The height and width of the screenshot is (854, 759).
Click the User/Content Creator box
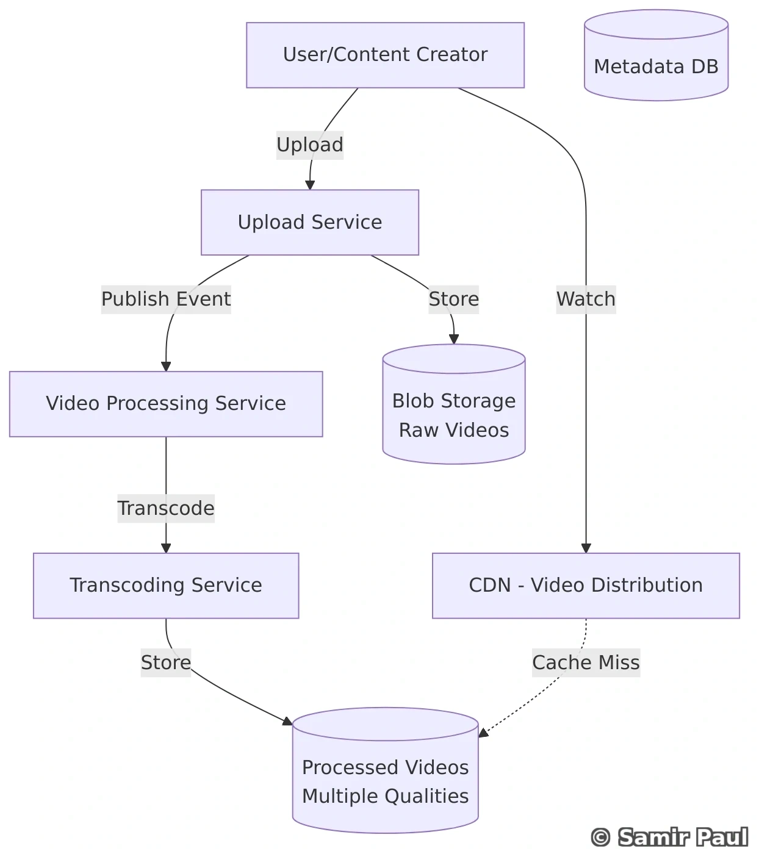(x=385, y=55)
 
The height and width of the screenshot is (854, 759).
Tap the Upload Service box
(x=310, y=222)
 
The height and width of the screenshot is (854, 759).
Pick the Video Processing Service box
(x=166, y=404)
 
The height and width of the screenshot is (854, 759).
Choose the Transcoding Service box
(x=166, y=586)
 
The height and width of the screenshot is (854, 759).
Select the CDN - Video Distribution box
(x=586, y=586)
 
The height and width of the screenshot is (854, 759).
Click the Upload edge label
(x=310, y=145)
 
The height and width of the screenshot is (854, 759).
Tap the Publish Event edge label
(x=166, y=299)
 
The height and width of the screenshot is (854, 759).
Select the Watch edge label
(x=586, y=299)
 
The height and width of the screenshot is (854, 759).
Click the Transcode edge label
(x=166, y=508)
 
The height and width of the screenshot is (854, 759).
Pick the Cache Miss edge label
(x=586, y=662)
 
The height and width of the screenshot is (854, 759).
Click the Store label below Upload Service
(x=454, y=299)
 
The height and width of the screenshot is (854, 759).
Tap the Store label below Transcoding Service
(x=166, y=662)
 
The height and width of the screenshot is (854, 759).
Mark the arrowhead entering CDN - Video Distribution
(x=586, y=548)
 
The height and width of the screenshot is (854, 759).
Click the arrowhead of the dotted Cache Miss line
(x=483, y=733)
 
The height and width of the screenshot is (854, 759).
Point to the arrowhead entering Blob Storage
(x=454, y=339)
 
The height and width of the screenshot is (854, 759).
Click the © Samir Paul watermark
(x=669, y=837)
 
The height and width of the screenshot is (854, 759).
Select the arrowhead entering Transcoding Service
(x=166, y=548)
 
